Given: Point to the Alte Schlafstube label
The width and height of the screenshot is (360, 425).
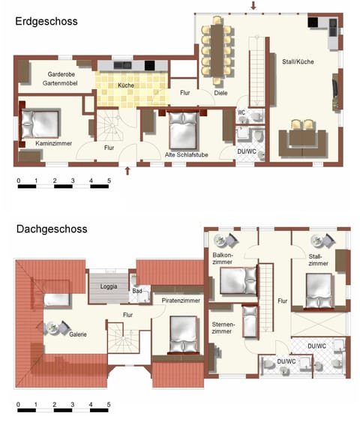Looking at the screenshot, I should pyautogui.click(x=186, y=154).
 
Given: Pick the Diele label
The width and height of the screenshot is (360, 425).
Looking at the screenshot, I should pyautogui.click(x=220, y=94).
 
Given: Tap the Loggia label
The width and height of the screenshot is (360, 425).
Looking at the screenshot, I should pyautogui.click(x=109, y=286).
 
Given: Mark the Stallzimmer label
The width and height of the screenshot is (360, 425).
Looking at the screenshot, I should pyautogui.click(x=318, y=260).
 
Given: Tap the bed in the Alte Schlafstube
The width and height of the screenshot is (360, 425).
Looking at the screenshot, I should pyautogui.click(x=184, y=129).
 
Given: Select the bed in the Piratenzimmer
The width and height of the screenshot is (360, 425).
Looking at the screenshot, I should pyautogui.click(x=181, y=334).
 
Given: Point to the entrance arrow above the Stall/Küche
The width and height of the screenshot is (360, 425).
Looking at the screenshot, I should pyautogui.click(x=253, y=6).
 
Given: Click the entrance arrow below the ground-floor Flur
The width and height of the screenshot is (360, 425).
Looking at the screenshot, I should pyautogui.click(x=128, y=171).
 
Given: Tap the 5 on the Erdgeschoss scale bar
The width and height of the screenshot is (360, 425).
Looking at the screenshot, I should pyautogui.click(x=109, y=181).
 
